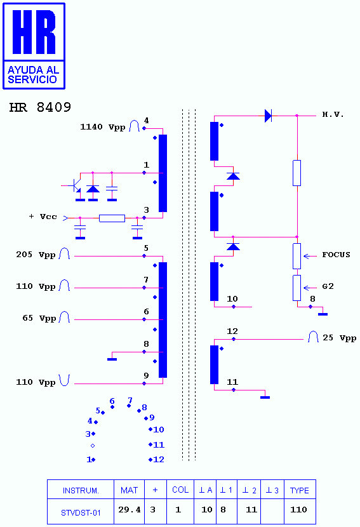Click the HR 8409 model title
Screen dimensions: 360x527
pyautogui.click(x=40, y=107)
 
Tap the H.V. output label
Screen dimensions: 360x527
pyautogui.click(x=333, y=115)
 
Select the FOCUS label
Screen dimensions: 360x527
pyautogui.click(x=336, y=255)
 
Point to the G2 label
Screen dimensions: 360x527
pyautogui.click(x=328, y=286)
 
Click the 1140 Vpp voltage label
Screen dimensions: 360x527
pyautogui.click(x=102, y=127)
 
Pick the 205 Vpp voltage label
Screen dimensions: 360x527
pyautogui.click(x=36, y=255)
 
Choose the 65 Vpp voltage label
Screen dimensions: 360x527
pyautogui.click(x=39, y=318)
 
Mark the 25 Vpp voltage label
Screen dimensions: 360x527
pyautogui.click(x=339, y=338)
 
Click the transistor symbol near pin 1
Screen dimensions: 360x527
pyautogui.click(x=77, y=186)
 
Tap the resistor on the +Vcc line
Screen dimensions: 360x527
pyautogui.click(x=112, y=218)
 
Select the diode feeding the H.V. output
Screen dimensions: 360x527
pyautogui.click(x=268, y=116)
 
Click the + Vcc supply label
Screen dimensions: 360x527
pyautogui.click(x=43, y=217)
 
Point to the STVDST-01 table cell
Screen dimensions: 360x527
pyautogui.click(x=81, y=513)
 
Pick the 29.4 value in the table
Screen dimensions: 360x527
pyautogui.click(x=129, y=510)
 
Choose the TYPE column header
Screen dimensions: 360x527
pyautogui.click(x=299, y=490)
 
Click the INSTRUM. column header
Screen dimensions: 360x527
pyautogui.click(x=81, y=491)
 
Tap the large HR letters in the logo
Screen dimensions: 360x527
pyautogui.click(x=34, y=32)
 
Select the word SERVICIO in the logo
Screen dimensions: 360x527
pyautogui.click(x=32, y=79)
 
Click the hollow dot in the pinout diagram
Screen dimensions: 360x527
pyautogui.click(x=93, y=446)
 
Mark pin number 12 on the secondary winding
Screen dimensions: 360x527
pyautogui.click(x=232, y=331)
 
